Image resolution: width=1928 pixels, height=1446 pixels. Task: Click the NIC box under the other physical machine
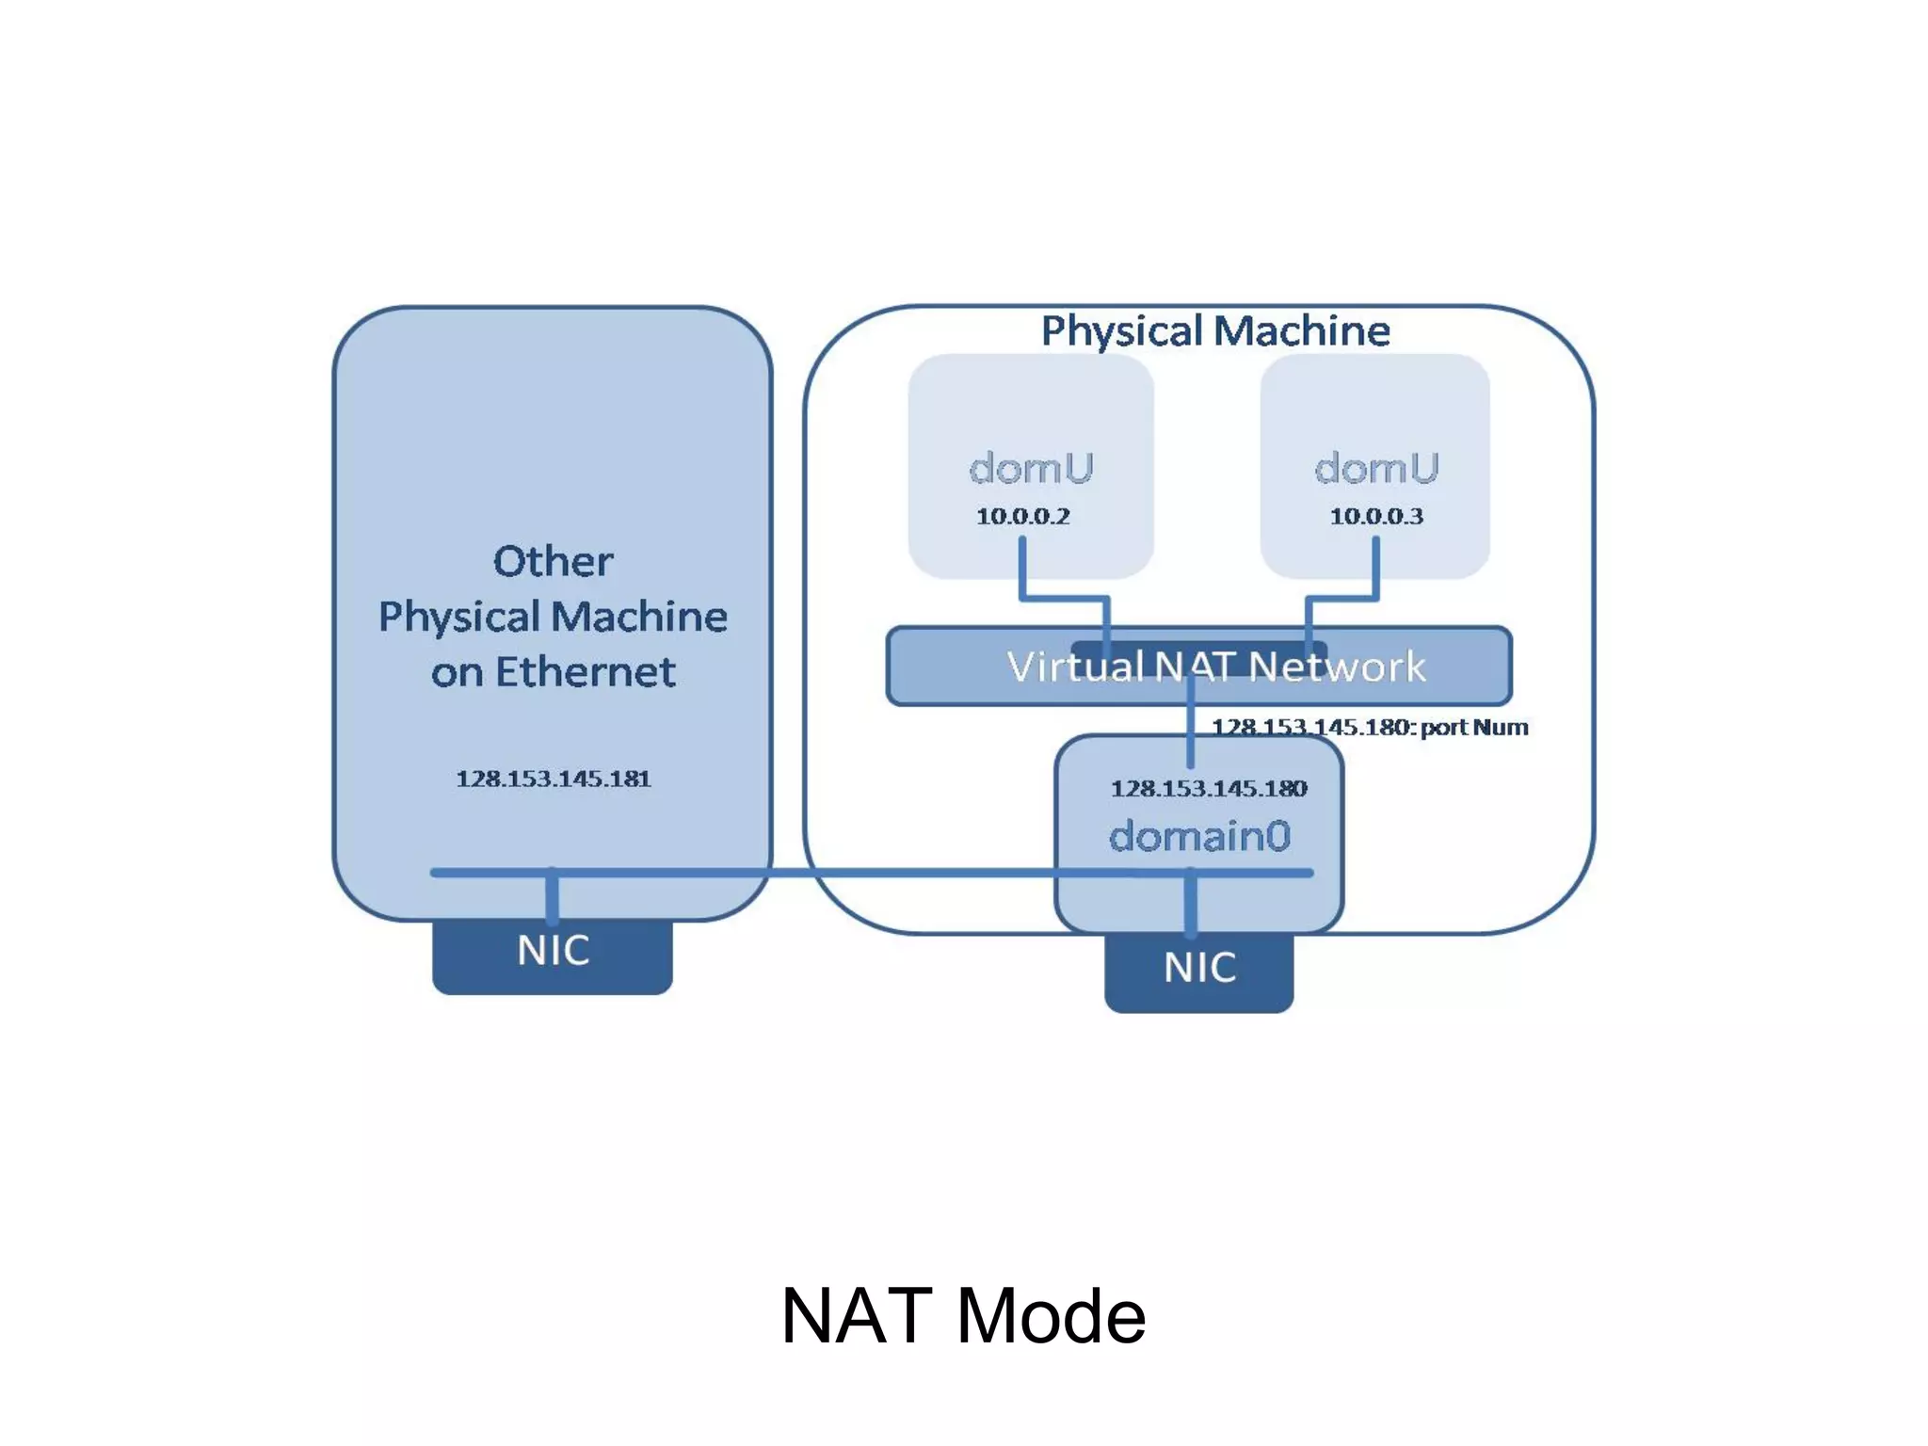[x=553, y=953]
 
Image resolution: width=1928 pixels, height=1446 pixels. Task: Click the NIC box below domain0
[x=1198, y=970]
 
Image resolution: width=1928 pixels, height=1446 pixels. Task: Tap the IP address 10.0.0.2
[x=1022, y=516]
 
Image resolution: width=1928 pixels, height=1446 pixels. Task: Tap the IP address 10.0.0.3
[x=1375, y=516]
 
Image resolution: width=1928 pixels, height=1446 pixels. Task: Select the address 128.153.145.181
[x=553, y=779]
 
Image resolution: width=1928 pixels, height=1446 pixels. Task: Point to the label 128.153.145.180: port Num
[x=1369, y=727]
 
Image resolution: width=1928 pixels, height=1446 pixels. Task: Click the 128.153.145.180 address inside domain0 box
[x=1208, y=788]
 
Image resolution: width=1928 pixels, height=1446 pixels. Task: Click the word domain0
[x=1198, y=836]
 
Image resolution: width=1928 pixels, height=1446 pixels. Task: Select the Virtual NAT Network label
[x=1215, y=667]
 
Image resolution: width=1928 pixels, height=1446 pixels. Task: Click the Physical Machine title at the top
[x=1214, y=330]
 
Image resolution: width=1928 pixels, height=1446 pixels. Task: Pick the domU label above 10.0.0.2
[x=1031, y=468]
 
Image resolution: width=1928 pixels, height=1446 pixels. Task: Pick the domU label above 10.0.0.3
[x=1375, y=468]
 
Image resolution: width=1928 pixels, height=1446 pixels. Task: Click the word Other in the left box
[x=553, y=561]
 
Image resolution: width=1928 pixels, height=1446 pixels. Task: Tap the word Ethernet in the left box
[x=585, y=672]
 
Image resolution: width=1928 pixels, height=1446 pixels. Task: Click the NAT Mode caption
[x=963, y=1315]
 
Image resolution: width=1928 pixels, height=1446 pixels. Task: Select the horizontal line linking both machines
[x=894, y=873]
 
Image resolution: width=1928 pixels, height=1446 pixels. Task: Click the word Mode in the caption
[x=1051, y=1315]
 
